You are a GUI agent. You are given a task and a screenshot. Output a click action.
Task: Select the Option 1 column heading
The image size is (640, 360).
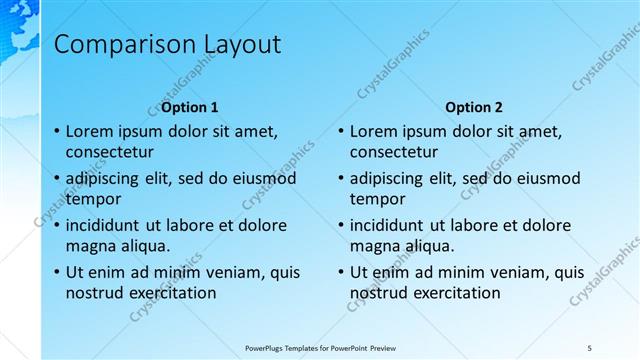189,107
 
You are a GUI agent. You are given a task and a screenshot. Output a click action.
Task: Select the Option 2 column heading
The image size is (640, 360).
474,107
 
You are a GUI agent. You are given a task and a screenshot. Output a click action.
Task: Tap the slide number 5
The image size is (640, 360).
589,347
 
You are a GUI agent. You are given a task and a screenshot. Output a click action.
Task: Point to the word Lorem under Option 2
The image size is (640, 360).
375,131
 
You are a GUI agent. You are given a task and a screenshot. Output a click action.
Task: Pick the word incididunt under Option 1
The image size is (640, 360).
107,225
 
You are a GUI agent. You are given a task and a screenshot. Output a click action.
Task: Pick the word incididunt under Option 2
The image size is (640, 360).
392,225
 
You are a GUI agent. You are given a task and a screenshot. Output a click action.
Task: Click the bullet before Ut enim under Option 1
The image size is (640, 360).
55,272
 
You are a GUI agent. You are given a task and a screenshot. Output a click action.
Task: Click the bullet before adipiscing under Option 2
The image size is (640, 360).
340,178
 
